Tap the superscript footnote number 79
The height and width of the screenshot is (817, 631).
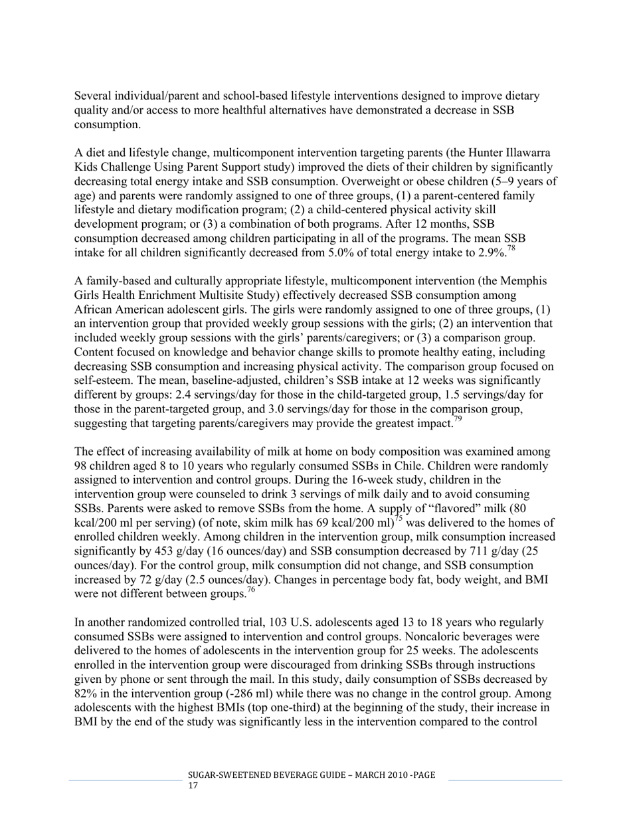457,419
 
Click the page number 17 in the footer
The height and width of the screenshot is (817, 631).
193,786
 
